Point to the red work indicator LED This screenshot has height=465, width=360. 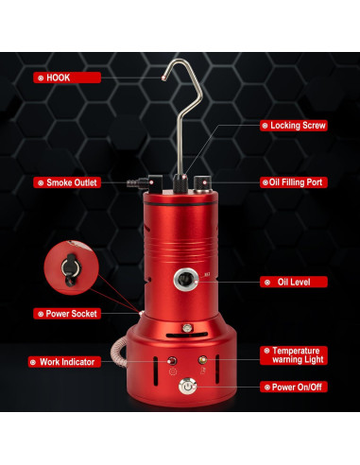click(x=172, y=361)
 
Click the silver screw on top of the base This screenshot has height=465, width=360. click(x=187, y=327)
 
